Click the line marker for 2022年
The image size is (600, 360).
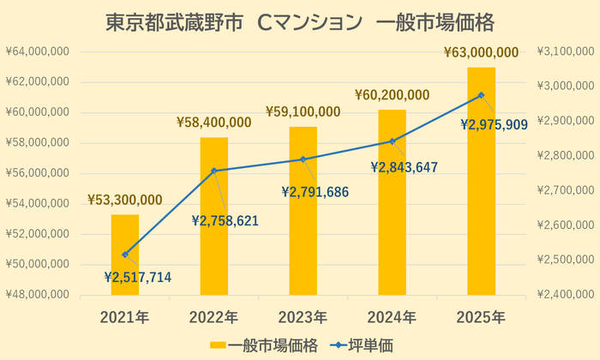214,171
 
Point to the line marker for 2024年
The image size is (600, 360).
392,141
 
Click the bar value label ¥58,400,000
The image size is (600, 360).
213,123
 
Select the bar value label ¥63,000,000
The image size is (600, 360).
481,53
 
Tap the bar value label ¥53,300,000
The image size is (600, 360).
125,200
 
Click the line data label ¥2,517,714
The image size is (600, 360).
137,277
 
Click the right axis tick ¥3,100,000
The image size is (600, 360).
565,52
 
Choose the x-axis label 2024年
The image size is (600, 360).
392,317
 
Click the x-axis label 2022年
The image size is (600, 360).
213,317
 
